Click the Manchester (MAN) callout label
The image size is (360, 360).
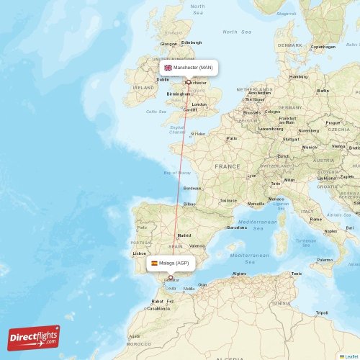188,68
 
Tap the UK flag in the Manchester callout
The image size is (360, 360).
168,68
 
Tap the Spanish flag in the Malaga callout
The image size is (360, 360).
154,264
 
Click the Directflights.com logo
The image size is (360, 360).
34,337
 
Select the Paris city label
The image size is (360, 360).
232,138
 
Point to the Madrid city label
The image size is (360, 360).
184,235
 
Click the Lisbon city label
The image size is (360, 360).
140,253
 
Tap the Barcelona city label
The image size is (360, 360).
236,228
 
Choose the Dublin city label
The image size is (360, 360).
163,79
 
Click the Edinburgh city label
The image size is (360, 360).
192,42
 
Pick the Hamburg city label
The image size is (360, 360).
298,76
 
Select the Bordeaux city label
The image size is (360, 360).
192,188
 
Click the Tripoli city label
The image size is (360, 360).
322,312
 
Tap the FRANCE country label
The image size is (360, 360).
228,166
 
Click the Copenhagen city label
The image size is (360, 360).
323,46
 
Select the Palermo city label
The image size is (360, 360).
325,259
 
